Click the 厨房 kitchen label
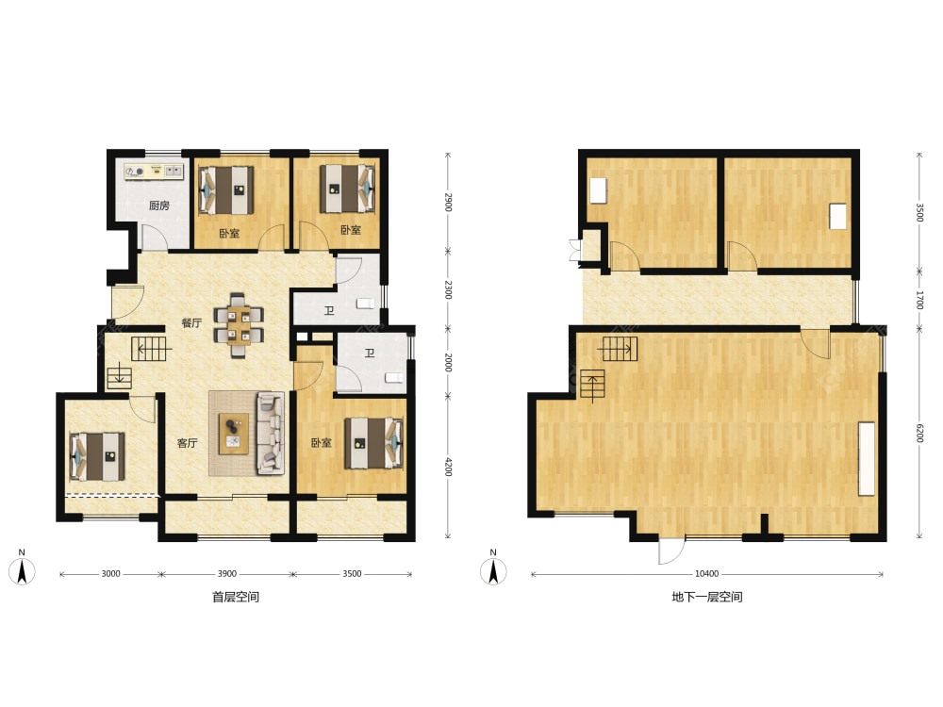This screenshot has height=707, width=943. click(x=158, y=206)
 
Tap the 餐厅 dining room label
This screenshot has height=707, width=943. click(x=191, y=322)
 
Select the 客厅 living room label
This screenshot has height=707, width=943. click(x=187, y=443)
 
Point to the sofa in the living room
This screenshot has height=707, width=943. click(x=271, y=431)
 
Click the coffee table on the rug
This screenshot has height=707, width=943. click(x=234, y=434)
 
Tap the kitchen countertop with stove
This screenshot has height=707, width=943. click(x=154, y=172)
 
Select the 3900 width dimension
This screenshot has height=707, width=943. click(x=226, y=574)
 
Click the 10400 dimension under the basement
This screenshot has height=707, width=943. click(x=706, y=574)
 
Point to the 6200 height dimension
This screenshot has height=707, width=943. click(x=918, y=433)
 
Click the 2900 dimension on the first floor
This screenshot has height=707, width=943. click(x=447, y=202)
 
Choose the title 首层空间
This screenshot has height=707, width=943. click(x=236, y=597)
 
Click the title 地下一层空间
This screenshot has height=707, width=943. click(x=706, y=597)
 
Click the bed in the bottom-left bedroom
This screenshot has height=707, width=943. click(x=98, y=456)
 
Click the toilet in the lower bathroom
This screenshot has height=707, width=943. click(x=393, y=378)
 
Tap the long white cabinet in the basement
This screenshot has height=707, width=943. click(x=867, y=459)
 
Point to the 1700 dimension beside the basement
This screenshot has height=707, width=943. click(x=918, y=300)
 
